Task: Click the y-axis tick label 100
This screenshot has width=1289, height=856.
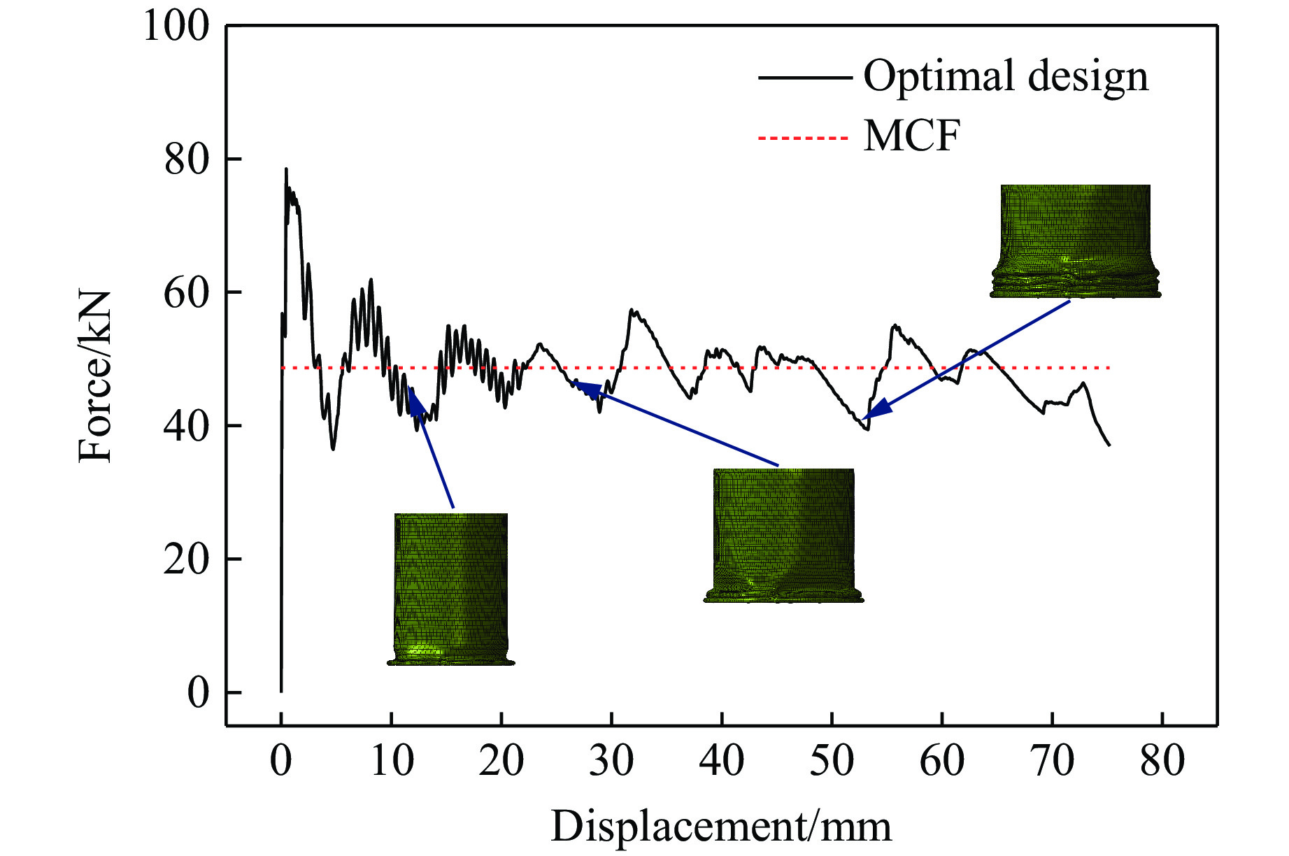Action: click(176, 27)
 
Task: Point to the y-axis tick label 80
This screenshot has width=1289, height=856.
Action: click(187, 160)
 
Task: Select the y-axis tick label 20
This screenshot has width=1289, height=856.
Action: click(187, 560)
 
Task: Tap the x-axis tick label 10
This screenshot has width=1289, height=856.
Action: click(391, 761)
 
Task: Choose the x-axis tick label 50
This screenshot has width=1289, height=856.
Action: click(832, 761)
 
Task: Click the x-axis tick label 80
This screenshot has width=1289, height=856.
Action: click(1162, 761)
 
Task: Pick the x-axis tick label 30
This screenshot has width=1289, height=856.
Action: click(611, 761)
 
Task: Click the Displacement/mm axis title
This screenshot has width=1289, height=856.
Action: click(721, 827)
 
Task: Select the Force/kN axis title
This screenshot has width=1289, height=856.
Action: click(95, 376)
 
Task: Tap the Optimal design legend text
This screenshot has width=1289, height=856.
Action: click(1006, 76)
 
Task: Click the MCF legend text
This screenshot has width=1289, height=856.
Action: click(912, 136)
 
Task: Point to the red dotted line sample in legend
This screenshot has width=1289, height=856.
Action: click(804, 138)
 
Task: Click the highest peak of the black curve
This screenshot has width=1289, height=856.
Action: click(286, 169)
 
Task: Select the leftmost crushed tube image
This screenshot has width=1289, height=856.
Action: click(451, 589)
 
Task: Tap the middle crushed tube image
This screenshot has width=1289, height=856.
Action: click(784, 535)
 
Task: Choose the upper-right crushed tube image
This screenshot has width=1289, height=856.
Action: click(1076, 241)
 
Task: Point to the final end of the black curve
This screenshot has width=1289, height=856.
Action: click(1109, 445)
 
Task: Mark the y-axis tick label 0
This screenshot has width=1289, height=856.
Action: click(198, 693)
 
